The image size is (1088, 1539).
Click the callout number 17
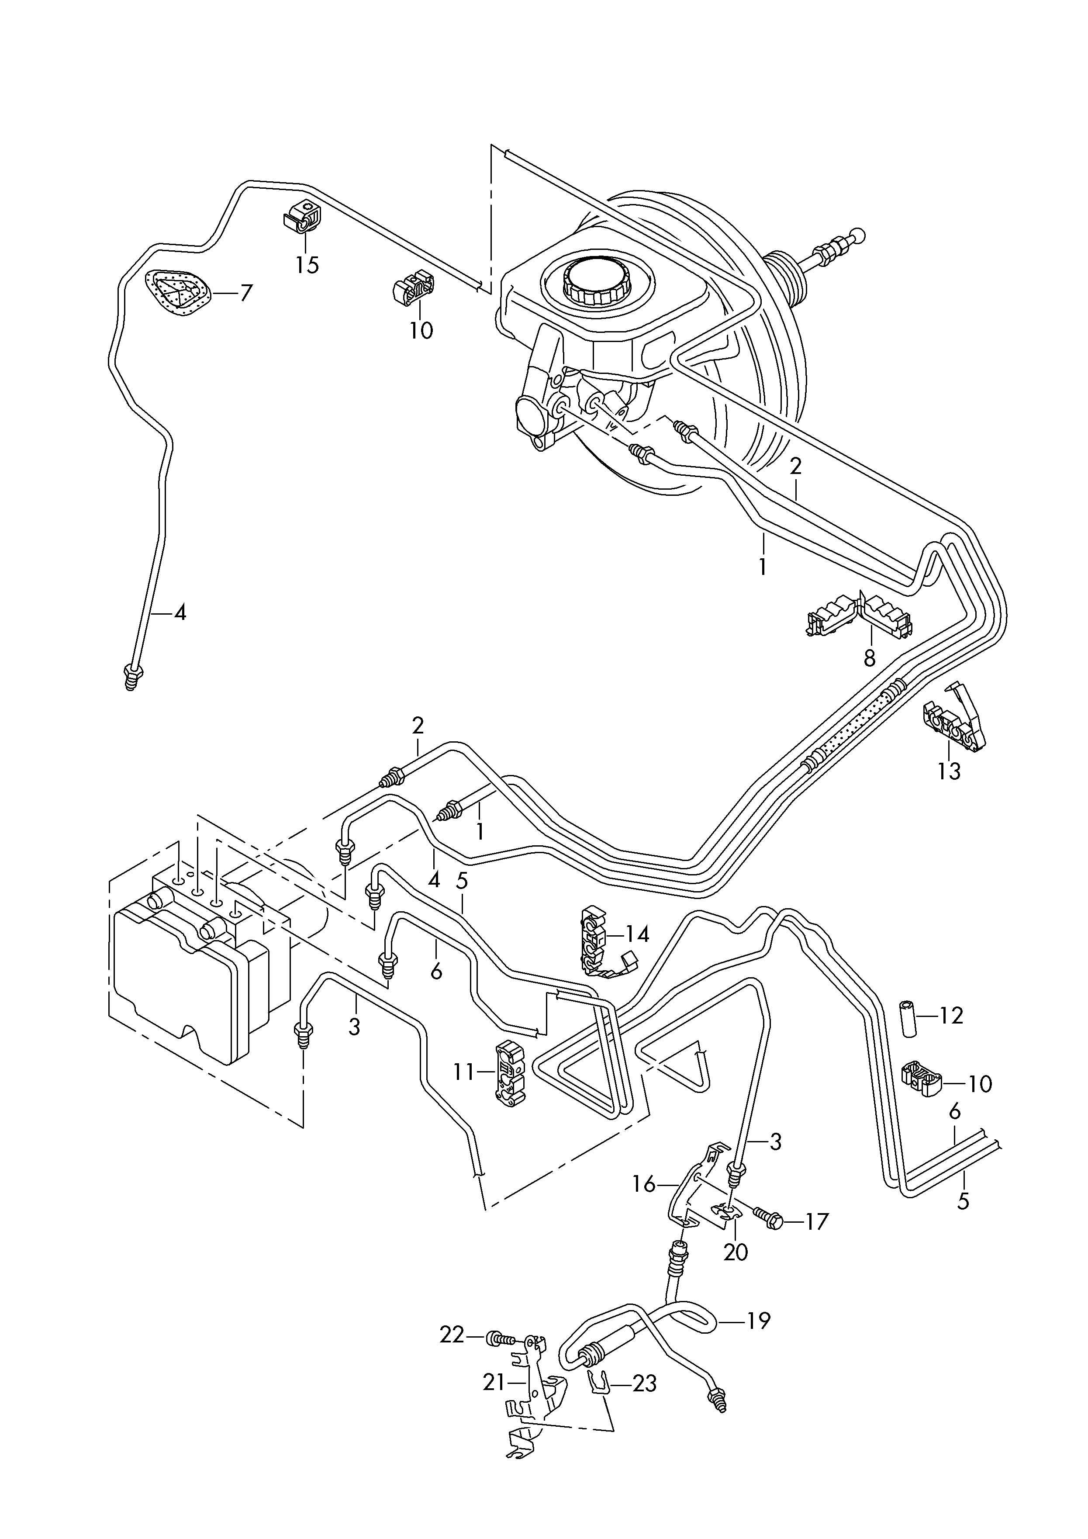[x=816, y=1221]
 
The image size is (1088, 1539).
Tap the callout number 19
[x=758, y=1321]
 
